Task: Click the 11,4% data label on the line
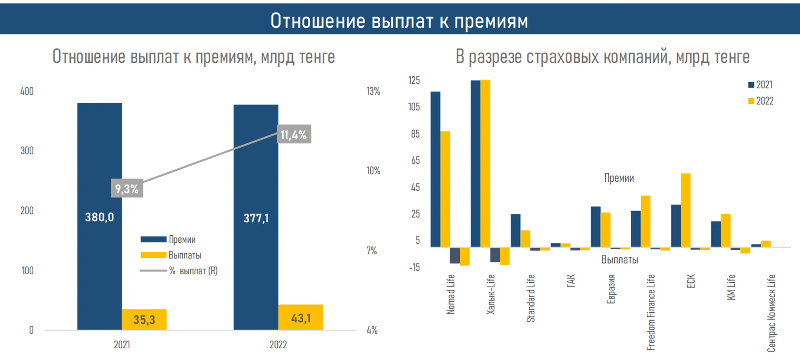point(294,135)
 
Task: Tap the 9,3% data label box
point(127,189)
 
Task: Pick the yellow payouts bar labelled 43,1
point(300,318)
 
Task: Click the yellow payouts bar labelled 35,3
point(144,319)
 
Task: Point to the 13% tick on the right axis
point(373,91)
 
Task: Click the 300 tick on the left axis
point(27,151)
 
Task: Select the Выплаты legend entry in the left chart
point(171,255)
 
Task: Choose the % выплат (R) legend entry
point(179,271)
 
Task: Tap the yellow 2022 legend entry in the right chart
point(761,101)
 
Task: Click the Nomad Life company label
point(450,294)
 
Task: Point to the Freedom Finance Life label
point(651,312)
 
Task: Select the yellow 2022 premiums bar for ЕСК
point(685,210)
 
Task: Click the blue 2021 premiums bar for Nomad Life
point(435,169)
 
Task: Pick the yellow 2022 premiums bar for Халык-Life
point(485,163)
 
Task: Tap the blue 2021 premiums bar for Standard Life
point(515,230)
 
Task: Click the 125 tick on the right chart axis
point(414,80)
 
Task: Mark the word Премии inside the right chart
point(619,178)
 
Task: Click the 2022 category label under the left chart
point(278,345)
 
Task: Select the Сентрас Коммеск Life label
point(771,313)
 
